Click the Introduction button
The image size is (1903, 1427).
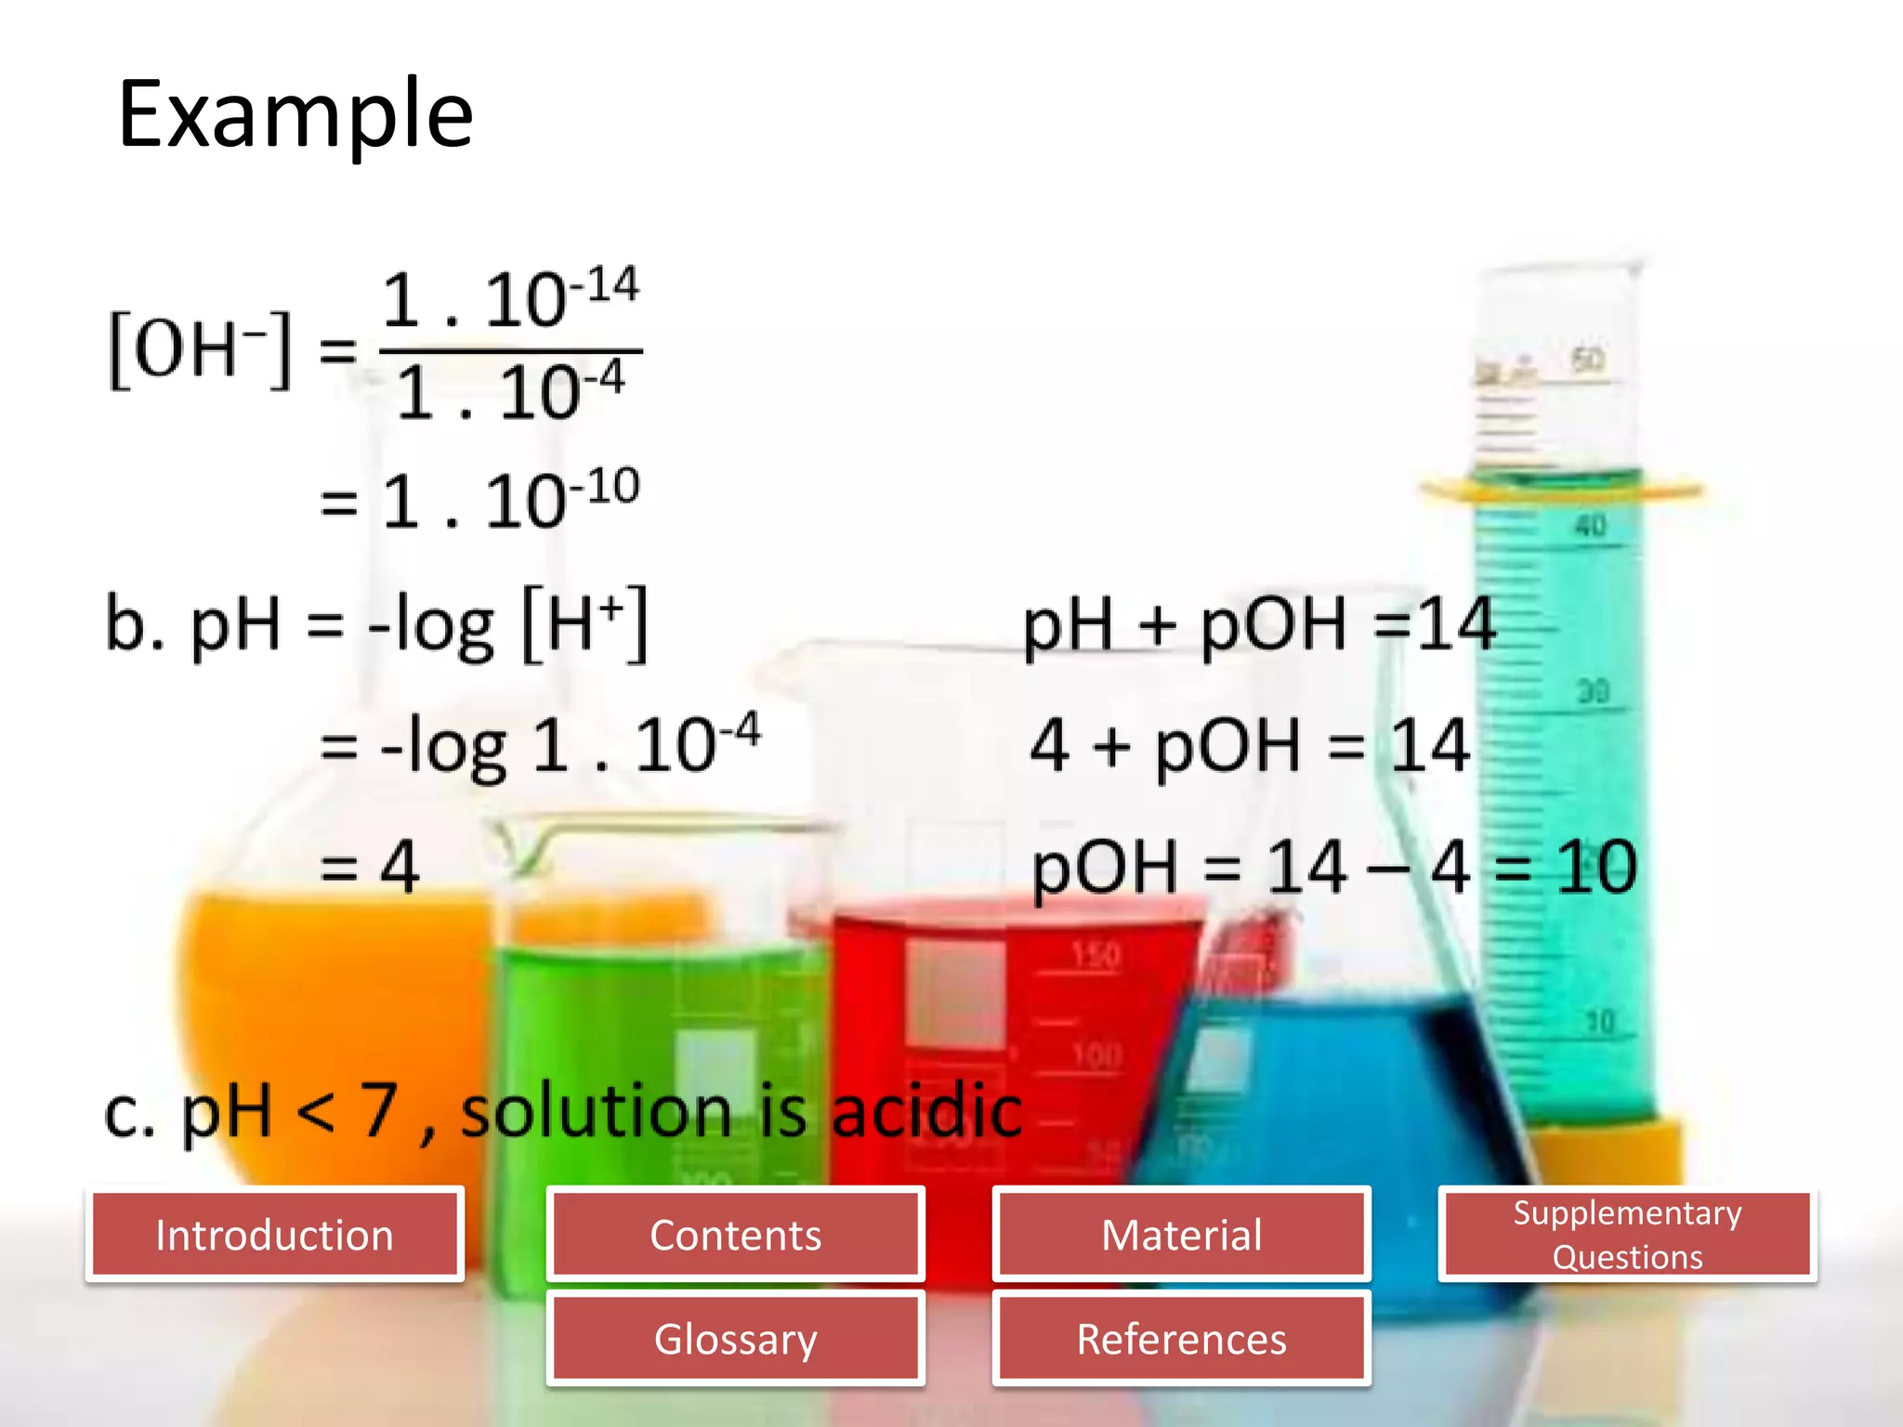274,1235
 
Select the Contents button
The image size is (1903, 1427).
735,1235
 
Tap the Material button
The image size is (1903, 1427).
1181,1235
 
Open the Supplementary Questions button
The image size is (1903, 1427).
1627,1235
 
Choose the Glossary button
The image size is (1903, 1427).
735,1339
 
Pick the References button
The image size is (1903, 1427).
1181,1339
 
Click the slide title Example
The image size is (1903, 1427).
295,114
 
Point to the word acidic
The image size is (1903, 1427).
926,1111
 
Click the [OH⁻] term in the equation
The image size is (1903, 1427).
200,349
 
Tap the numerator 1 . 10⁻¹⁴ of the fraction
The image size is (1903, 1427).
510,299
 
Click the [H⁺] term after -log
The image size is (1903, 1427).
584,624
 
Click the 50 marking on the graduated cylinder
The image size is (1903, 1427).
1587,359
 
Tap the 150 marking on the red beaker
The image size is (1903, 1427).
1096,955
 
